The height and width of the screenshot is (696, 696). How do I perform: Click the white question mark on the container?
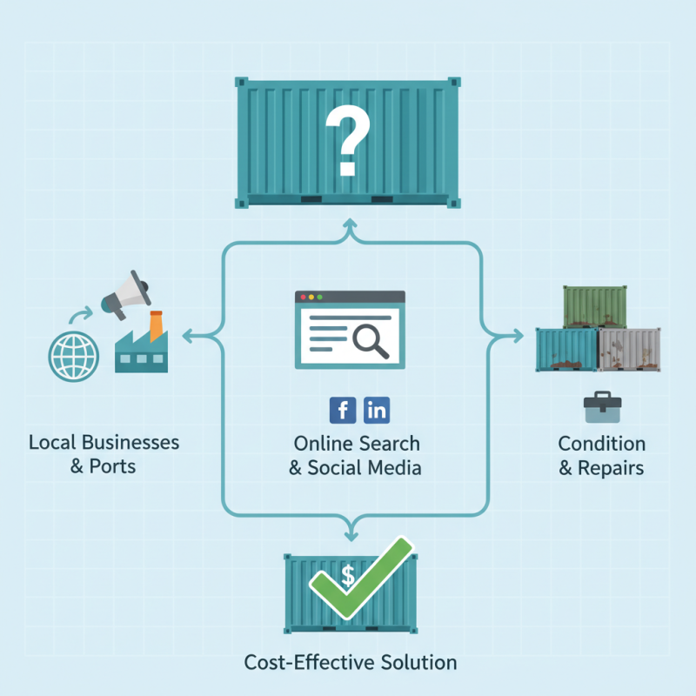click(x=348, y=139)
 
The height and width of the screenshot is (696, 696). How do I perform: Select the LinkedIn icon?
click(x=376, y=409)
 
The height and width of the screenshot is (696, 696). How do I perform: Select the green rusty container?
click(x=594, y=306)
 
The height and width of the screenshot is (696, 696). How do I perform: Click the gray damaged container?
click(x=630, y=350)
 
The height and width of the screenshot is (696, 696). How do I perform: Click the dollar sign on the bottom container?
click(x=348, y=575)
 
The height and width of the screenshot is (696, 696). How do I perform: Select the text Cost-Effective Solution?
click(x=351, y=662)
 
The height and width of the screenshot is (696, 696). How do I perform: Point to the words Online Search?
click(x=357, y=443)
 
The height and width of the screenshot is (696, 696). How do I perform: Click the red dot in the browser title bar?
click(x=304, y=298)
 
